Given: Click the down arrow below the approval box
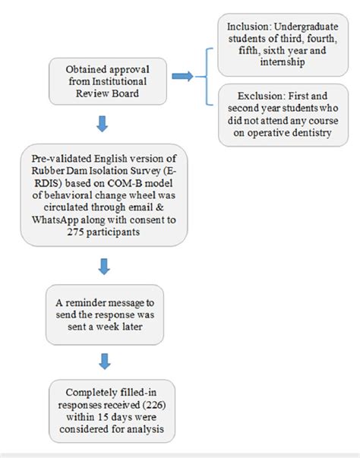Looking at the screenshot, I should (103, 123).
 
